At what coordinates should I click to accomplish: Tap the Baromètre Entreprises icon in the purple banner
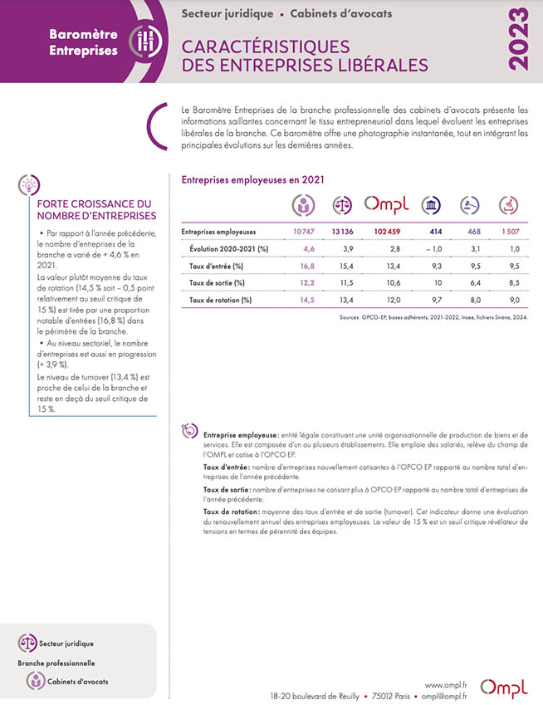tap(146, 41)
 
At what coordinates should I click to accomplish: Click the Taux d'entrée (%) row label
tap(215, 266)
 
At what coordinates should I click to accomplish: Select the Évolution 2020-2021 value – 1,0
tap(433, 248)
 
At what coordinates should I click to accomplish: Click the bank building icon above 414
tap(431, 205)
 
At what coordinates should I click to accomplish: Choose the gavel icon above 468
tap(470, 205)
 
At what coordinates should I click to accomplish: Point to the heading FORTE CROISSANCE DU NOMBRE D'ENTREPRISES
tap(90, 210)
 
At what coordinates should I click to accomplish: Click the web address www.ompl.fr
tap(445, 683)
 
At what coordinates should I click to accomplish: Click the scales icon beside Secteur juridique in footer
tap(27, 642)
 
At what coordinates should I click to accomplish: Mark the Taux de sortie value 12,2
tap(307, 283)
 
